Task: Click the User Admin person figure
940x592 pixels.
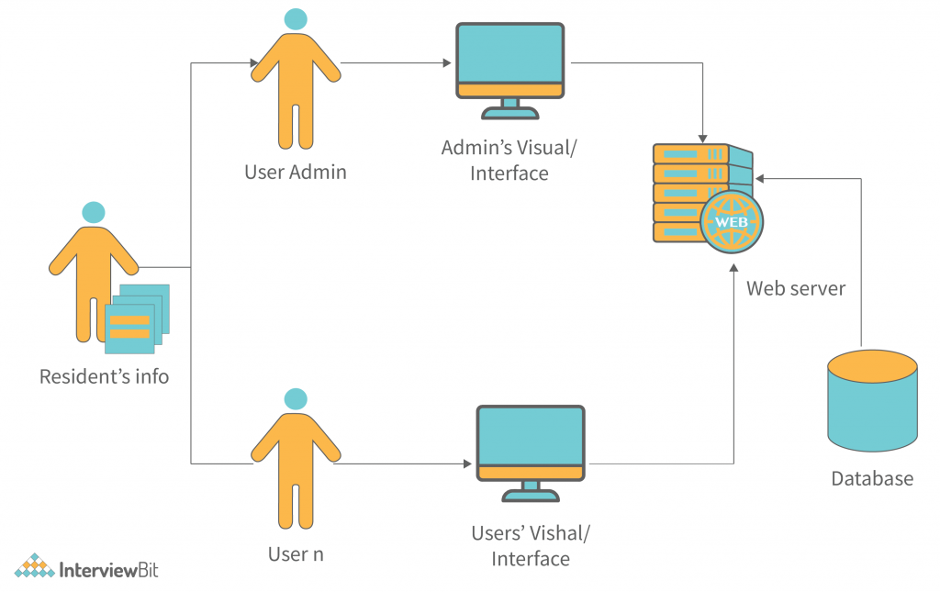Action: click(296, 87)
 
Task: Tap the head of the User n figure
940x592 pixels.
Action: click(296, 398)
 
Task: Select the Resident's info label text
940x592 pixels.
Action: click(104, 376)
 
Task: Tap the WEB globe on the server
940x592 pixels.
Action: click(732, 222)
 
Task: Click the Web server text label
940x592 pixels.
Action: click(795, 288)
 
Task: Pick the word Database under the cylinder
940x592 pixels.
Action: click(871, 478)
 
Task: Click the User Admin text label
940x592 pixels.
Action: click(296, 172)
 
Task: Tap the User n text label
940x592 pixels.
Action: click(296, 554)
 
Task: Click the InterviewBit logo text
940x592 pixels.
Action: click(108, 570)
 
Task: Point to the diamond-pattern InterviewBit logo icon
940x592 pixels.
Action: click(35, 567)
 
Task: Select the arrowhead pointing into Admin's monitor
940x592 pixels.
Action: click(447, 63)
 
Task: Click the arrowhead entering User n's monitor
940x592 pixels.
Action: click(466, 464)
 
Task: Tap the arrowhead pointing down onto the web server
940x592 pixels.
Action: click(703, 134)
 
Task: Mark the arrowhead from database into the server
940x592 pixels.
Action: click(759, 178)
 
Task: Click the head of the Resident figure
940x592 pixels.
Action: click(93, 212)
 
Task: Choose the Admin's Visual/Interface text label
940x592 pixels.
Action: click(509, 160)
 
